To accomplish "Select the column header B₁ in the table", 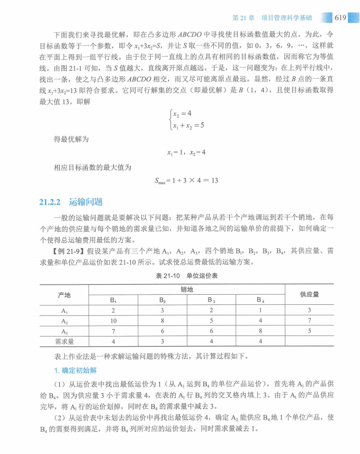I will click(x=113, y=300).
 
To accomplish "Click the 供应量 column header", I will click(x=309, y=294).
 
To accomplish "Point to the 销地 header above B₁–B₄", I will click(x=186, y=289).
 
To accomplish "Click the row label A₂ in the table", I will click(x=64, y=321).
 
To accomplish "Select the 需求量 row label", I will click(x=64, y=341).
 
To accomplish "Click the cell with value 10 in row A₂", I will click(x=113, y=321).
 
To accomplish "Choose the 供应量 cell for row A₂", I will click(x=309, y=321).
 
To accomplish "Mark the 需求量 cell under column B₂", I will click(x=163, y=341).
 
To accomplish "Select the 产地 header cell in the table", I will click(x=64, y=294).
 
